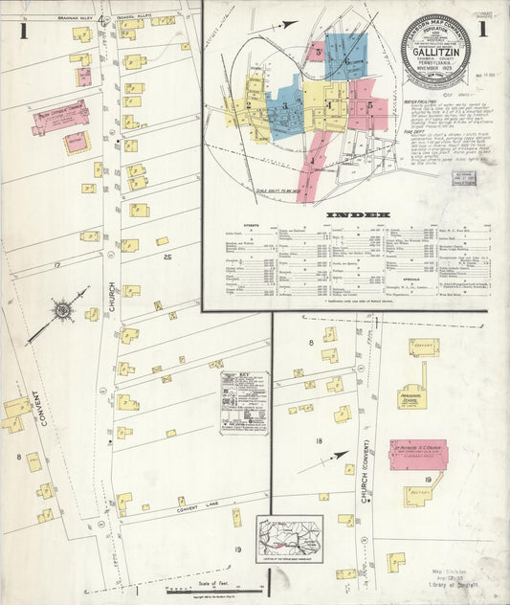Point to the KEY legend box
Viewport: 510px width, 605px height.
(244, 403)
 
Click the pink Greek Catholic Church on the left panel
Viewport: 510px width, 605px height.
(59, 118)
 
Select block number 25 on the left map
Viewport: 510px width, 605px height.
(166, 258)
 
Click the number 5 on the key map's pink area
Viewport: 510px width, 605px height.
(368, 106)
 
